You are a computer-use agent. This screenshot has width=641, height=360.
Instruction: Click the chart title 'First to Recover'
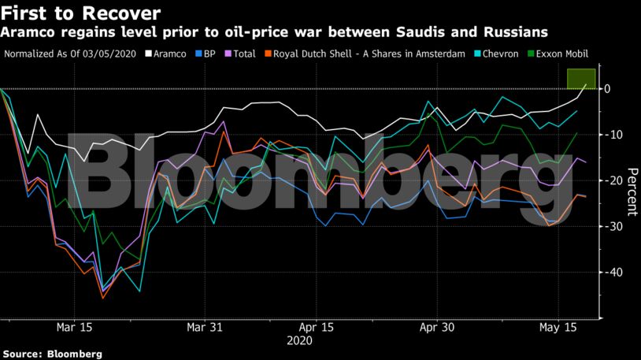[x=81, y=13]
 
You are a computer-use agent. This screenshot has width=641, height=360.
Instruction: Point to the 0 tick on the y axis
[x=607, y=89]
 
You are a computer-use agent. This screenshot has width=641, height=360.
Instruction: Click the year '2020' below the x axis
[x=299, y=341]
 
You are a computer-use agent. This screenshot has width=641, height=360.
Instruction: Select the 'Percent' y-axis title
[x=631, y=191]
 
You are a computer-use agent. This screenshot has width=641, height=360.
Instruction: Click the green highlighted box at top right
[x=580, y=79]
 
